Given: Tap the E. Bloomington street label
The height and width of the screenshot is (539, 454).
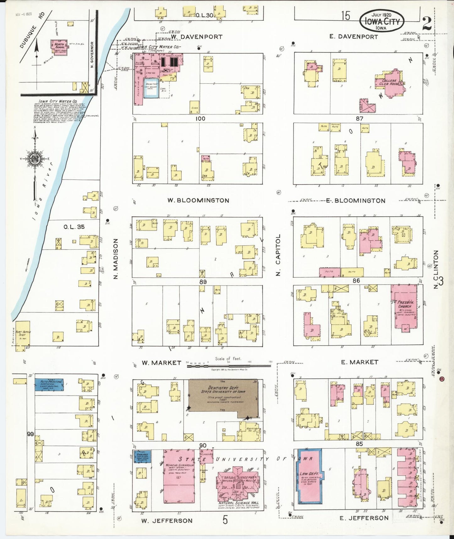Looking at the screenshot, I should point(355,201).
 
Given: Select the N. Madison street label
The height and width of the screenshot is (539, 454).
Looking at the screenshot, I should point(115,258).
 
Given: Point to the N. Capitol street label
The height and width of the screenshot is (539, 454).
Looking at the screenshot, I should point(278,255).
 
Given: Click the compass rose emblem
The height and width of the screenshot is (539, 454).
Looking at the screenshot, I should point(34,158).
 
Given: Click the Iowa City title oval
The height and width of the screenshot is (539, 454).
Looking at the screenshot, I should point(381,21).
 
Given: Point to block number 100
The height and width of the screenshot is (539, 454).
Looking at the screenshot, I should point(200,119).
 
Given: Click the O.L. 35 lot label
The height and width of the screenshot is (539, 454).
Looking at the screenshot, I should point(74,226).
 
